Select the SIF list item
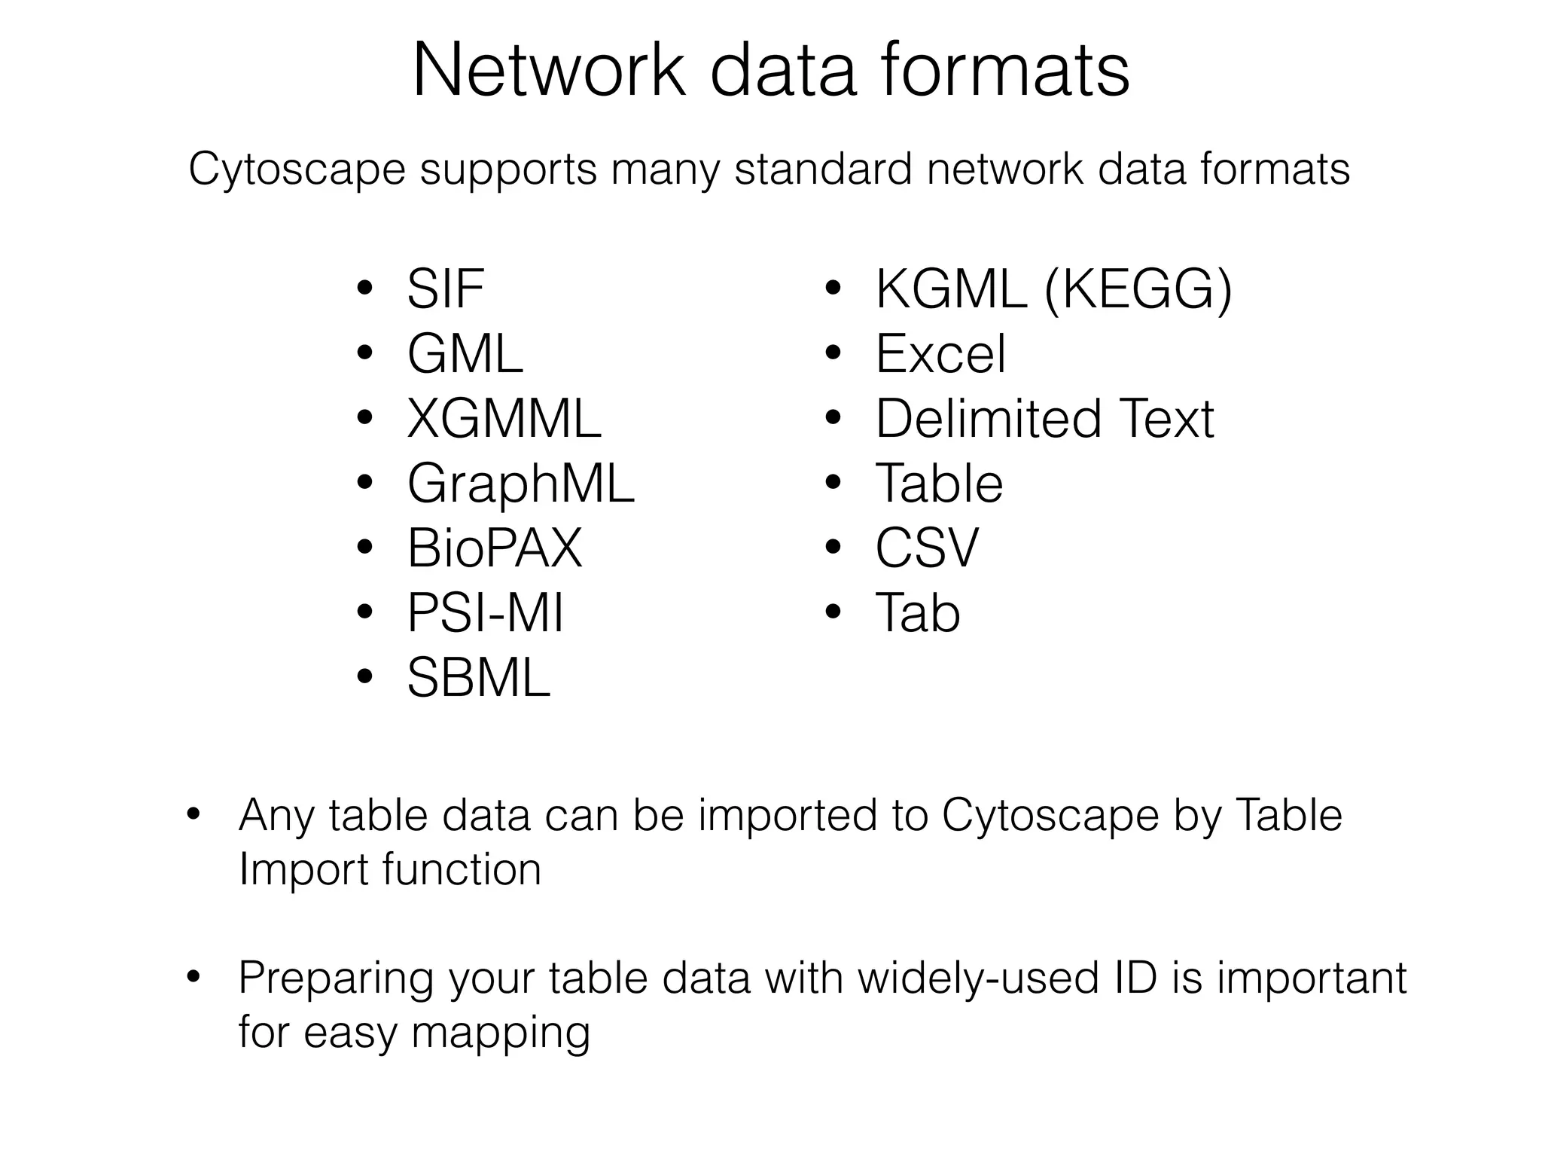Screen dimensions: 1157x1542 [x=445, y=289]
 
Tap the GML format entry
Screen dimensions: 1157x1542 [x=465, y=354]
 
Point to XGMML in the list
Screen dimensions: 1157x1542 [x=504, y=419]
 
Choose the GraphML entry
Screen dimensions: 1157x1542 [x=520, y=484]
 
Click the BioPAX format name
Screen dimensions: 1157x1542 [x=495, y=548]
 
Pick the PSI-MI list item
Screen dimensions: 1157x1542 [x=485, y=613]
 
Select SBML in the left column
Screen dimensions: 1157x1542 [x=478, y=678]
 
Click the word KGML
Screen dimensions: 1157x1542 [x=951, y=289]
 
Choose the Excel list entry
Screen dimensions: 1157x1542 [x=940, y=354]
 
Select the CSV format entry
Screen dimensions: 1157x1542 [x=926, y=548]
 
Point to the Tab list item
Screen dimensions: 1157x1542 [x=917, y=613]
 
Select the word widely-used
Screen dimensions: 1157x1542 [x=975, y=978]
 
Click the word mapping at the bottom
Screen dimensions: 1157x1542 [x=501, y=1033]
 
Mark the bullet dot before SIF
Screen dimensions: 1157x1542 [x=365, y=288]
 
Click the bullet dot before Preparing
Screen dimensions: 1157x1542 [x=194, y=977]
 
